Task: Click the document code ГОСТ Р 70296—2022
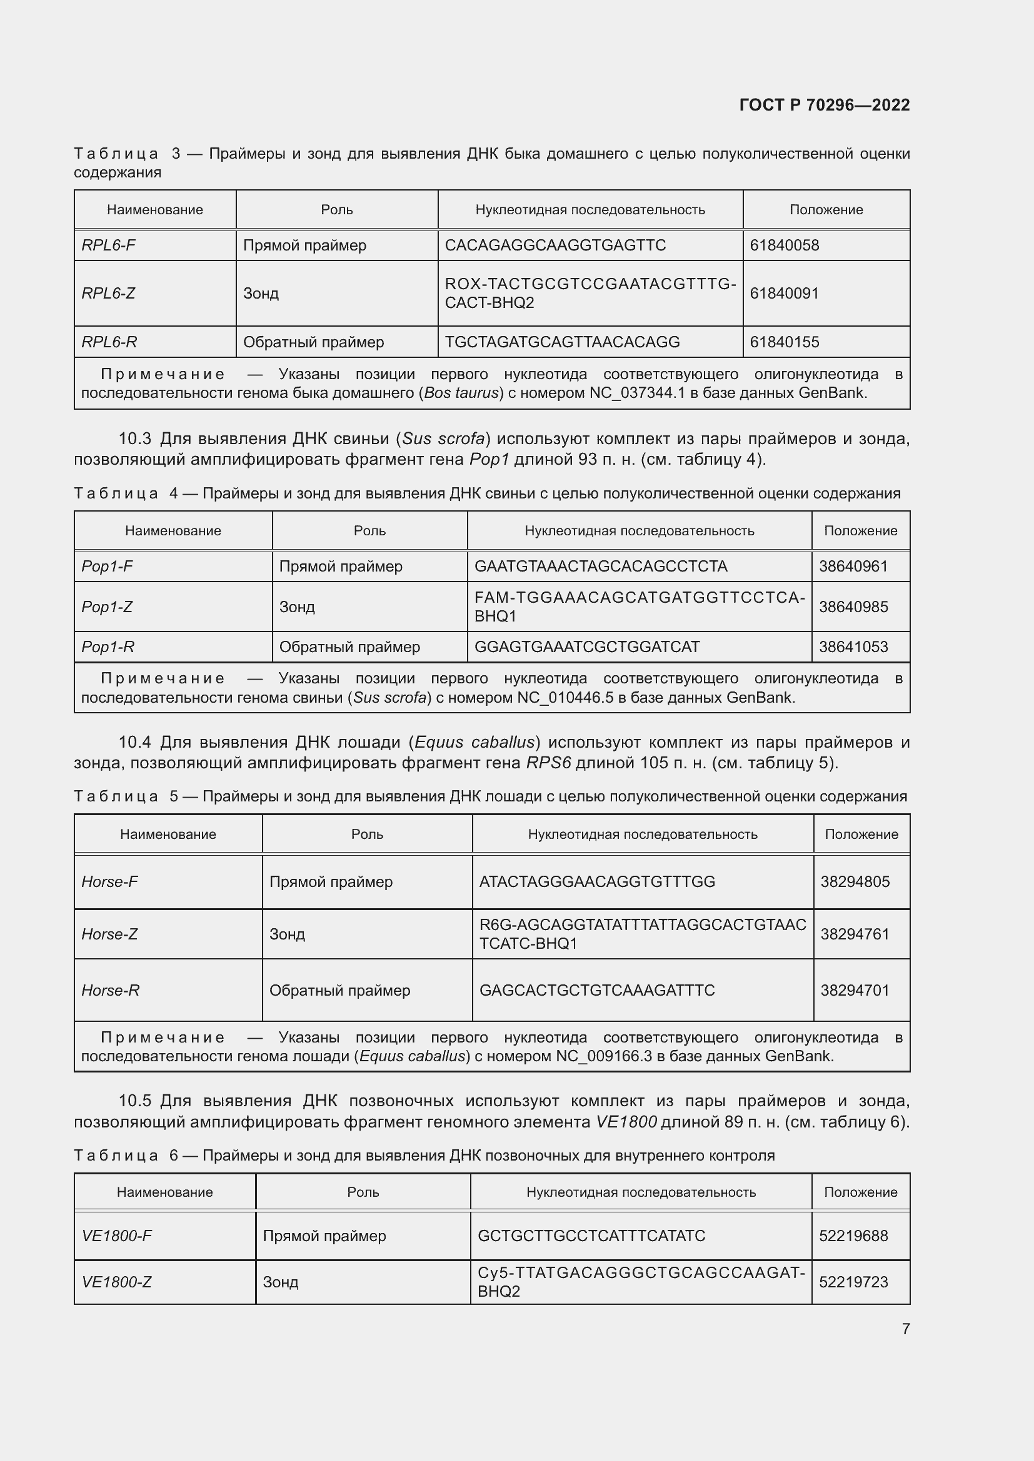[x=824, y=105]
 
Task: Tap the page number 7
[x=905, y=1329]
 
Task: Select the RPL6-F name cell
[x=108, y=245]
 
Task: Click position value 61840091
[x=784, y=294]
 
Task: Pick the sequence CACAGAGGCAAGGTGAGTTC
[x=555, y=245]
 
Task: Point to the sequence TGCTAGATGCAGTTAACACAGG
[x=561, y=342]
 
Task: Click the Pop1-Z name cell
[x=107, y=607]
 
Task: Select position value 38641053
[x=853, y=646]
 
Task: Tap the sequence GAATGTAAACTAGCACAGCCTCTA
[x=600, y=566]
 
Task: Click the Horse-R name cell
[x=110, y=990]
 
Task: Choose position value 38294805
[x=855, y=881]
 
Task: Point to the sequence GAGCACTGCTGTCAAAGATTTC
[x=596, y=990]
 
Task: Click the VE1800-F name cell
[x=116, y=1236]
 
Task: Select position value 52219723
[x=853, y=1282]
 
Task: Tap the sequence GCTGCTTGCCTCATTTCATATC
[x=591, y=1236]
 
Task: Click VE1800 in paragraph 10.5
[x=626, y=1121]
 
